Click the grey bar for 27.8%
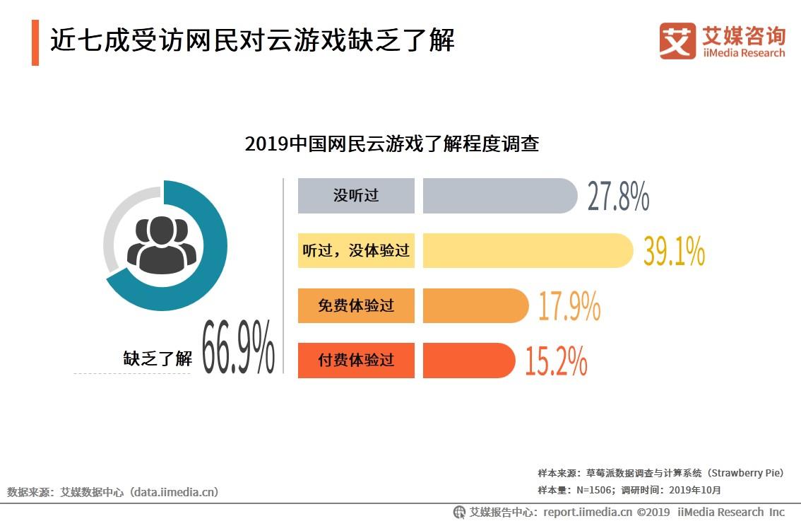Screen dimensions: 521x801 click(499, 196)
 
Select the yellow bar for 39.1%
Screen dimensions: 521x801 click(527, 251)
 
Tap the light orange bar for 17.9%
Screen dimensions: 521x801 click(475, 305)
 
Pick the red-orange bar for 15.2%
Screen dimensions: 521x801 click(468, 361)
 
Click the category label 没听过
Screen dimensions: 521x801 click(356, 196)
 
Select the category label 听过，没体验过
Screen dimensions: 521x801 click(356, 251)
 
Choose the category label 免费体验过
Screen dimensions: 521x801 click(356, 305)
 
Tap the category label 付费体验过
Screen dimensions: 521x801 click(356, 361)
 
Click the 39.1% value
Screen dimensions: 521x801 click(674, 252)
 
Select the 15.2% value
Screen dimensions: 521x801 click(556, 361)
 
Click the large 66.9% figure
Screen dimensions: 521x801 click(238, 347)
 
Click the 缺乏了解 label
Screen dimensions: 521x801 click(158, 358)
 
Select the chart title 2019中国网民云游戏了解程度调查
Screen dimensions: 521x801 click(392, 144)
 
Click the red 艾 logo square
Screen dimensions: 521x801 click(677, 41)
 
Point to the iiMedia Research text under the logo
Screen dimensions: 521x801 click(744, 53)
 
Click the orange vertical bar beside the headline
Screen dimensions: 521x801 click(35, 42)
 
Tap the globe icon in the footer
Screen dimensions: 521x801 click(459, 512)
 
